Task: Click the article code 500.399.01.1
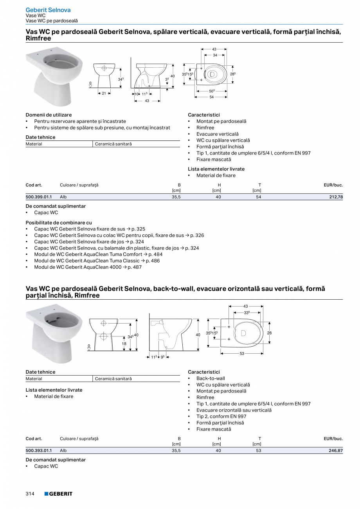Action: [x=38, y=197]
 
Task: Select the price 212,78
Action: [x=336, y=197]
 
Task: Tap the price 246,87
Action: [x=336, y=451]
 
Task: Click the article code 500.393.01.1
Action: [x=38, y=451]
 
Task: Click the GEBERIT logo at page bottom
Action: [x=58, y=494]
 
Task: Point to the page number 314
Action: [x=30, y=494]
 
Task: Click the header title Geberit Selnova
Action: [x=48, y=10]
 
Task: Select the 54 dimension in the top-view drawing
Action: [x=211, y=97]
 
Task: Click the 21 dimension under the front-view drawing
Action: [x=104, y=93]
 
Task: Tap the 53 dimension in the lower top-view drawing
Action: [x=242, y=354]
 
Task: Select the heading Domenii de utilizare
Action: [x=49, y=115]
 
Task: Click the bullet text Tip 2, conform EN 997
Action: [x=221, y=416]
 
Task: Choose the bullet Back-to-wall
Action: [x=211, y=378]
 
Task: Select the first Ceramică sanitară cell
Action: [x=113, y=144]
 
